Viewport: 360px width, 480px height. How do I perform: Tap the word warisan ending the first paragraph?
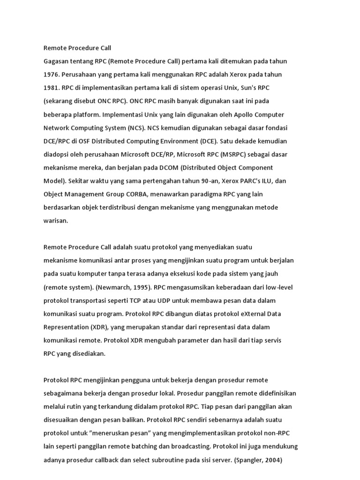(56, 221)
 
